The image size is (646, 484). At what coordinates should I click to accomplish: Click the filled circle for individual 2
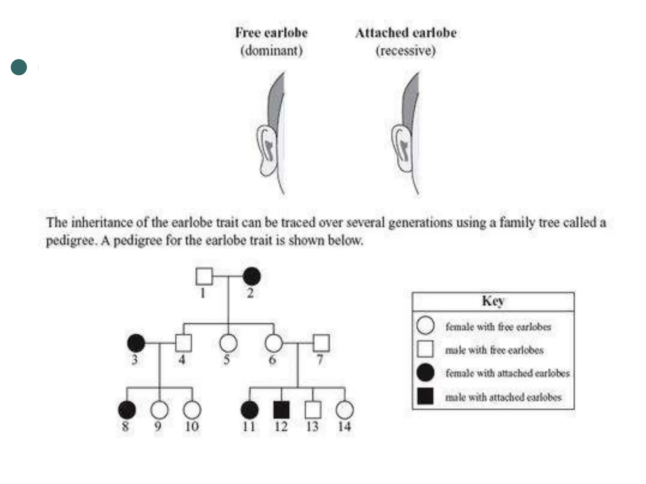coord(252,276)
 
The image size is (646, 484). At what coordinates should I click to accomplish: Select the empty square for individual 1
coord(204,276)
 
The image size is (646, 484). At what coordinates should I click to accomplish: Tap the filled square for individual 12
coord(281,410)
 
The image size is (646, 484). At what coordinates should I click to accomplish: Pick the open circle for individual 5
coord(228,343)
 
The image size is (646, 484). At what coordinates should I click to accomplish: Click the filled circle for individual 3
coord(136,343)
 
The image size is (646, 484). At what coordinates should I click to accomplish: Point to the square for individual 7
coord(321,343)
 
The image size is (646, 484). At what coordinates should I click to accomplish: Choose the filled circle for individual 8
coord(127,410)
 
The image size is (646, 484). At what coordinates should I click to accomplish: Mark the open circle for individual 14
coord(345,410)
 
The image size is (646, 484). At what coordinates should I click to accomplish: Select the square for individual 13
coord(313,410)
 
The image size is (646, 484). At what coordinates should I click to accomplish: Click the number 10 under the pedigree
coord(192,427)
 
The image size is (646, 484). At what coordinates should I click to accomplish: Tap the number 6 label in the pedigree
coord(272,360)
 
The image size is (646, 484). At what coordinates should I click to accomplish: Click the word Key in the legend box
coord(493,301)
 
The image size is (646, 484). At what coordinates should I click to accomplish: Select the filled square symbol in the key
coord(425,396)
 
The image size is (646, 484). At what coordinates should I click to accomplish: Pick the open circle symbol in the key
coord(425,326)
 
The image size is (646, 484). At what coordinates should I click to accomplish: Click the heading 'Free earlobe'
coord(271,33)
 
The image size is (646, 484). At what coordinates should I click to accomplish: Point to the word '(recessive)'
coord(406,51)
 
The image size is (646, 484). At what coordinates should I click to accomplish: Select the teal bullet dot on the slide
coord(19,67)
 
